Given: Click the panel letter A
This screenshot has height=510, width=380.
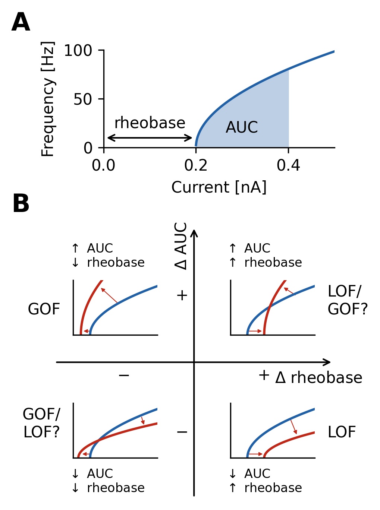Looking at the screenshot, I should click(21, 23).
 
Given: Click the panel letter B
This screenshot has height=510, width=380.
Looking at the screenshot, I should click(21, 204).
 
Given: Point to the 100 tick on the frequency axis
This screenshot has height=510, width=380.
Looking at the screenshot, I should click(78, 51).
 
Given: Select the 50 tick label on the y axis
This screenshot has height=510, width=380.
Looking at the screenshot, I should click(83, 99).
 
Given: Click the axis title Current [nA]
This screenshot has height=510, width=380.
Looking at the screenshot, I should click(219, 187).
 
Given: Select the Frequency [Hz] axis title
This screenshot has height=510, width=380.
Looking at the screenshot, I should click(48, 99).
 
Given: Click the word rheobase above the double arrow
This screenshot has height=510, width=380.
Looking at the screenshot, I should click(150, 123).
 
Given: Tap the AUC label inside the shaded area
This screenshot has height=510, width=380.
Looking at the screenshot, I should click(242, 127).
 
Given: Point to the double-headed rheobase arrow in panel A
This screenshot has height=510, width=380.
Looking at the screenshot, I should click(150, 138).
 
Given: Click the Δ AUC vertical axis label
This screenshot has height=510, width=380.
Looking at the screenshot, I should click(181, 246).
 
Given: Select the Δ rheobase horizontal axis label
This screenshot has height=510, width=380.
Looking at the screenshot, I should click(318, 378).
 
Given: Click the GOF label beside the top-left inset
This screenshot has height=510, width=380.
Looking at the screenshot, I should click(44, 309).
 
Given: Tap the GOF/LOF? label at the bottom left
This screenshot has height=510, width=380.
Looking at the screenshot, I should click(41, 423).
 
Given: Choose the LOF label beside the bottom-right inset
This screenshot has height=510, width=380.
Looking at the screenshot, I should click(342, 432).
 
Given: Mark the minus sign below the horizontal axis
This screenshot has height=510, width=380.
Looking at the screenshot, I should click(124, 375).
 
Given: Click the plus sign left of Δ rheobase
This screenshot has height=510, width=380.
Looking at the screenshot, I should click(264, 375).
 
